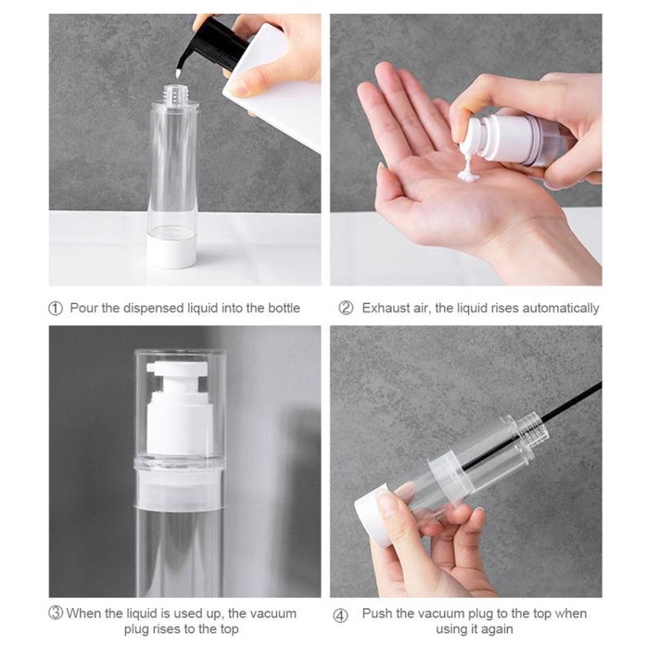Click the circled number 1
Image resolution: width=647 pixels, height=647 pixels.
pos(56,309)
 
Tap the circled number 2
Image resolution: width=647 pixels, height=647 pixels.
pos(346,308)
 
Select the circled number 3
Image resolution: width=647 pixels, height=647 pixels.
pos(56,613)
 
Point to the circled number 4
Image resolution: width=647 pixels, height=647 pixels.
pos(340,616)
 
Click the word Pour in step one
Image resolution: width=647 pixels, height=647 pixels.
pos(84,308)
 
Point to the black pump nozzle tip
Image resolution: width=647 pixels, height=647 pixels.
pos(178,73)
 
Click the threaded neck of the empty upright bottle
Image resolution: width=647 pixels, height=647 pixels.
pos(174,95)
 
